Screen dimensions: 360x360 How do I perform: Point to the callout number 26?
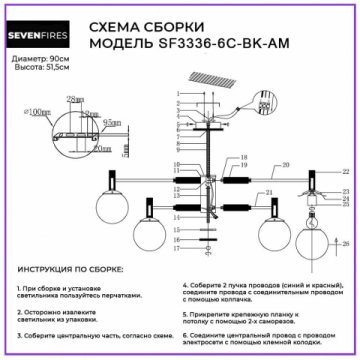345,243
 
